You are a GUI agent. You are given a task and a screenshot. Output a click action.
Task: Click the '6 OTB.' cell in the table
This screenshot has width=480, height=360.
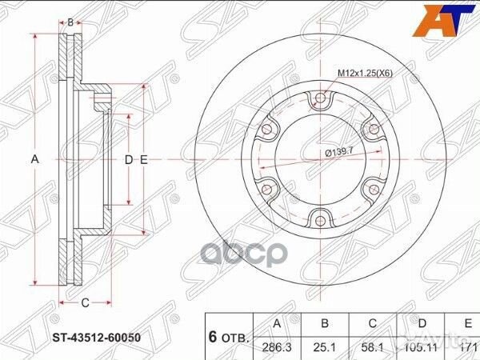coord(229,336)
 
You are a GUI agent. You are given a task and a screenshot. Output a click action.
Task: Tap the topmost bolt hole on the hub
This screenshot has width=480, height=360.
coord(320,99)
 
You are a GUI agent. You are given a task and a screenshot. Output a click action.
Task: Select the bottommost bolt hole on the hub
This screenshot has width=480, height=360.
coord(320,217)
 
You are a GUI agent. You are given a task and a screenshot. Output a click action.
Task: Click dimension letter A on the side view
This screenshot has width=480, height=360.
coord(34,160)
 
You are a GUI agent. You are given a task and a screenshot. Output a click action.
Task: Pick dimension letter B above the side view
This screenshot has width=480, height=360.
coord(70,22)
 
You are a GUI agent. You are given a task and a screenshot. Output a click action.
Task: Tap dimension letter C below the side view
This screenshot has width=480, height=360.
coord(83,302)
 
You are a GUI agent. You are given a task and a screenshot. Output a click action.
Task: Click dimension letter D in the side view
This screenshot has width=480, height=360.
coord(128,160)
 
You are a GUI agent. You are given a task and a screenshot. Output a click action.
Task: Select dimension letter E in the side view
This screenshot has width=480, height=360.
coord(144,160)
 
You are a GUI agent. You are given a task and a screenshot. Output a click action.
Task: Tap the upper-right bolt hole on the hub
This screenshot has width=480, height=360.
coord(371,129)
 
